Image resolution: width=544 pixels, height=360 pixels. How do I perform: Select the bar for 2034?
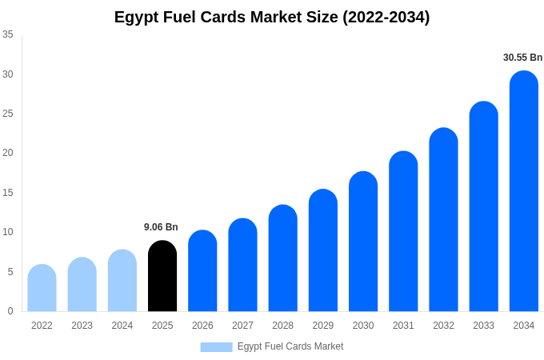[x=524, y=192]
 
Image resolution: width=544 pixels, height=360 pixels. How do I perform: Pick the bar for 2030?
[x=363, y=242]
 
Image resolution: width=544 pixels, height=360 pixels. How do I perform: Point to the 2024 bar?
[x=122, y=281]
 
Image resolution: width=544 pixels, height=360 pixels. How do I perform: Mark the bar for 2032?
[x=443, y=220]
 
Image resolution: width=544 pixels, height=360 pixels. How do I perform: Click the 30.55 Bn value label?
[x=522, y=58]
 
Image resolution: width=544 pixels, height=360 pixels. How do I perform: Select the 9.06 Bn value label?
[x=161, y=227]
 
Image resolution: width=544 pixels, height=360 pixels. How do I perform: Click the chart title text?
[x=272, y=17]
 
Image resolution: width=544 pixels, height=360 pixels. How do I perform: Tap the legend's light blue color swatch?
[x=216, y=347]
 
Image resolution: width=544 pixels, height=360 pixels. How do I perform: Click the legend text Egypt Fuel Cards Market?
[x=290, y=346]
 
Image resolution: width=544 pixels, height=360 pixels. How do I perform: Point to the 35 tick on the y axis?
[x=8, y=34]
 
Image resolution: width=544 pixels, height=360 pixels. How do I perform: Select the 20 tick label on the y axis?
[x=8, y=153]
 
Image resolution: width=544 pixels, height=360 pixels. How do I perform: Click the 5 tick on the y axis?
[x=10, y=272]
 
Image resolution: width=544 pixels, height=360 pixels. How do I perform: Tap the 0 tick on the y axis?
[x=10, y=311]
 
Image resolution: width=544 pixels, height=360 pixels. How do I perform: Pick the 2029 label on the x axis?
[x=323, y=326]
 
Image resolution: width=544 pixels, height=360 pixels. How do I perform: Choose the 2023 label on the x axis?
[x=82, y=326]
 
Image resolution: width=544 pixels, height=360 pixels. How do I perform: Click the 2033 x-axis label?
[x=483, y=326]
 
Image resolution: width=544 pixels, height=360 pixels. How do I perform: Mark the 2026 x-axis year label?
[x=202, y=326]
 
